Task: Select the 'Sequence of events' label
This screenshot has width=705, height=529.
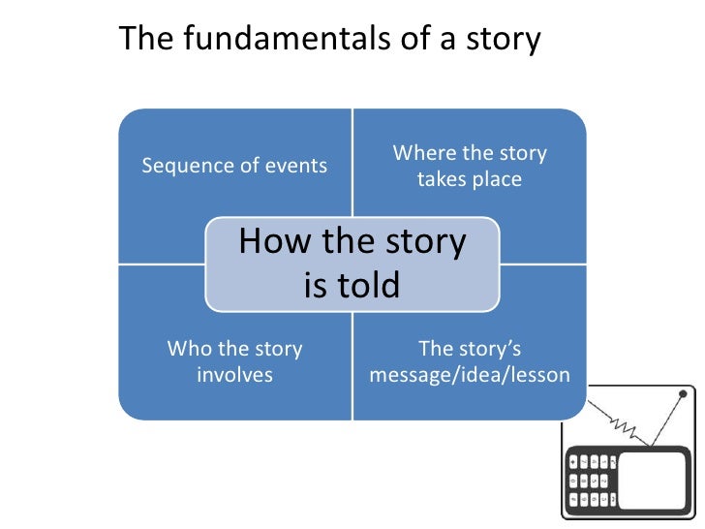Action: click(x=234, y=166)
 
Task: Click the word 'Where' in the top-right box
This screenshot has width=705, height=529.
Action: click(x=422, y=153)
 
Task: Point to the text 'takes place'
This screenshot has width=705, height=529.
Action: click(x=469, y=180)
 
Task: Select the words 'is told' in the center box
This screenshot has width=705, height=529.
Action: click(x=352, y=285)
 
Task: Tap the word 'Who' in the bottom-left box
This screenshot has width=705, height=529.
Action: click(x=190, y=349)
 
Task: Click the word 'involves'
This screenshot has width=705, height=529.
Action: click(x=234, y=375)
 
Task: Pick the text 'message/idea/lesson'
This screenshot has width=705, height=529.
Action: click(x=470, y=375)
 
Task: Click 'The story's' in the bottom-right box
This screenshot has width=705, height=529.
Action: click(x=470, y=349)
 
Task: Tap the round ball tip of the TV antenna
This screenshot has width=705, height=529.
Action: click(x=683, y=394)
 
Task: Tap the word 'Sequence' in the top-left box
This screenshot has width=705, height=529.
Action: click(x=184, y=166)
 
